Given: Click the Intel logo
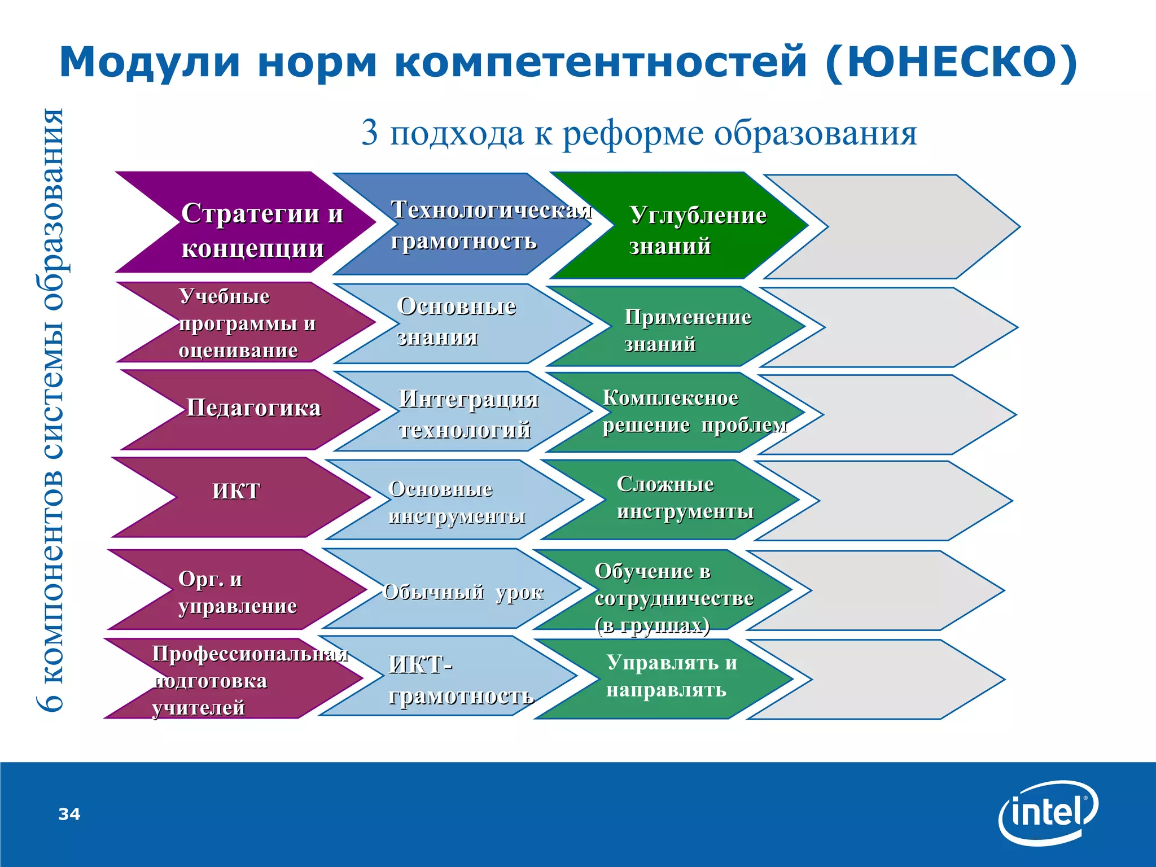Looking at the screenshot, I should coord(1048,813).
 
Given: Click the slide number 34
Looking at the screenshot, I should coord(69,814).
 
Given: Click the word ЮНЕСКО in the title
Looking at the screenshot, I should coord(952,62).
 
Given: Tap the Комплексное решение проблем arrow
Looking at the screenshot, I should coord(677,412).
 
